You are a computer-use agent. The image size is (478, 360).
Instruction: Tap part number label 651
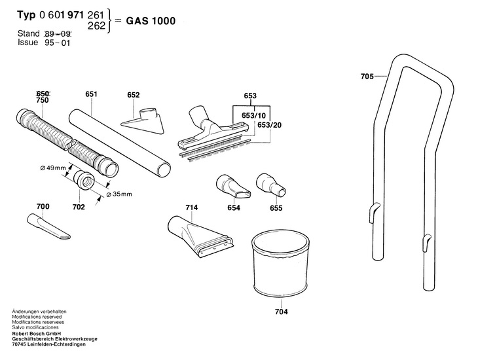click(91, 94)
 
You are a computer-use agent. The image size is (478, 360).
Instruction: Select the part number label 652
click(134, 95)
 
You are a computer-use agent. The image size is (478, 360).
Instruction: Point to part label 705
click(367, 77)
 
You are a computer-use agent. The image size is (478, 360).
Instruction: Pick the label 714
click(191, 207)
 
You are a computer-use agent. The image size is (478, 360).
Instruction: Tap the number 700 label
click(43, 207)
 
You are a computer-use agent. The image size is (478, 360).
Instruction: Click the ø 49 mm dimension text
click(53, 168)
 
